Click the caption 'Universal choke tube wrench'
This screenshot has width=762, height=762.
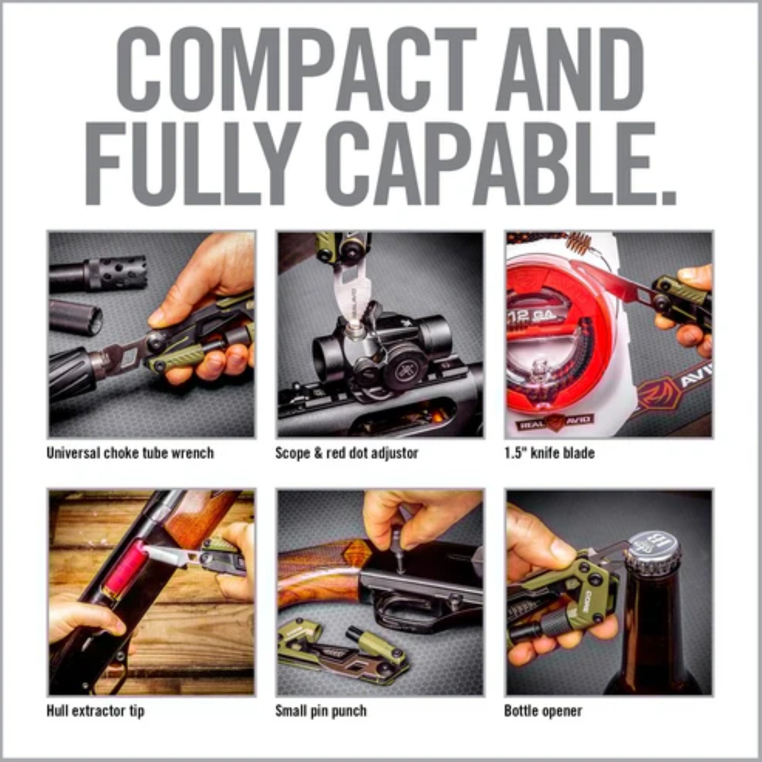click(130, 453)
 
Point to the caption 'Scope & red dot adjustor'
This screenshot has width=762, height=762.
click(347, 453)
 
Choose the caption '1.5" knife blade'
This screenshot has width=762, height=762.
click(549, 453)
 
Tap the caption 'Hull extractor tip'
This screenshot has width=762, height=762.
click(96, 711)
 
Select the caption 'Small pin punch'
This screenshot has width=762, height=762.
click(321, 711)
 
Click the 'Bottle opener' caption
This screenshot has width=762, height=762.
click(543, 711)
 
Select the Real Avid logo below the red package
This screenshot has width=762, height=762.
click(555, 422)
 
